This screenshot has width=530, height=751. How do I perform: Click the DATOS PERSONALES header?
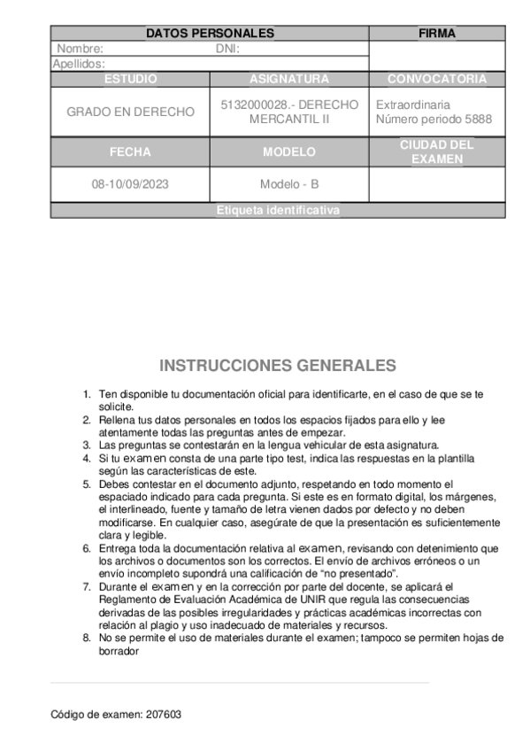[210, 34]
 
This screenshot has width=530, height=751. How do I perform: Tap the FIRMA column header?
[436, 34]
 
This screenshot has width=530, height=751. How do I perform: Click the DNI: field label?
[227, 50]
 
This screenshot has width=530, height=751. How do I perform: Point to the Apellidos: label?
[79, 64]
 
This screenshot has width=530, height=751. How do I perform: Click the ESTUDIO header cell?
[130, 79]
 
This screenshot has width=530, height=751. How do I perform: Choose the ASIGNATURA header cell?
[289, 79]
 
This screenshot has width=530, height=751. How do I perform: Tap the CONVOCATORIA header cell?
[436, 79]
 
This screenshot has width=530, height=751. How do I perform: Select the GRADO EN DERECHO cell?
[130, 112]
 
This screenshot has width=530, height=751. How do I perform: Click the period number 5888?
[476, 120]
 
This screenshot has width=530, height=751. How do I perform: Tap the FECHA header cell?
[130, 151]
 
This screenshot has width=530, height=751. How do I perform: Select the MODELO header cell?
[289, 151]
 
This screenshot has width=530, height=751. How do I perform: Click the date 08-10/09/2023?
[130, 185]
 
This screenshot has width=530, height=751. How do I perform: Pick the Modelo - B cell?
[289, 185]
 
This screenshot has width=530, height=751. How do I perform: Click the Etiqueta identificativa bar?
[278, 211]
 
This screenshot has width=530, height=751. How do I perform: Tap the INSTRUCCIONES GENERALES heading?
[278, 365]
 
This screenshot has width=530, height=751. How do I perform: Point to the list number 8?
[86, 637]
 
